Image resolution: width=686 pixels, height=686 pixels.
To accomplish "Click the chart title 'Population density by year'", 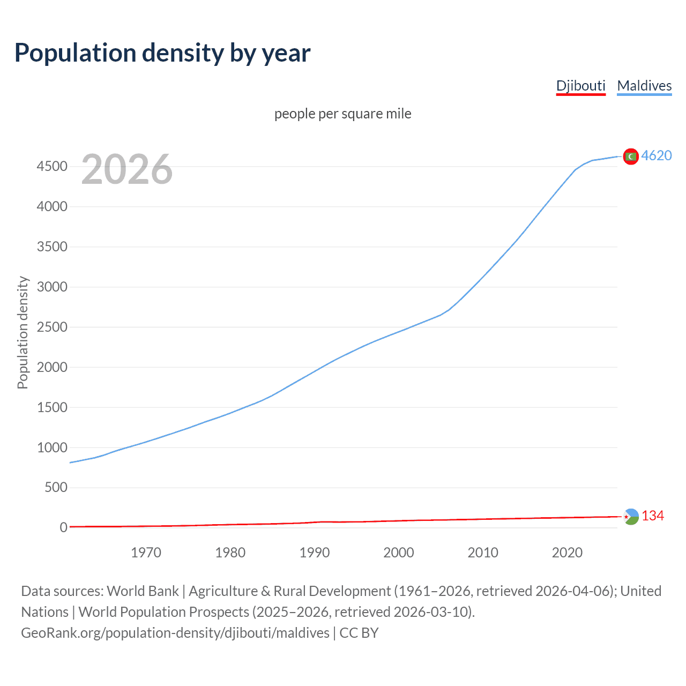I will click(162, 53).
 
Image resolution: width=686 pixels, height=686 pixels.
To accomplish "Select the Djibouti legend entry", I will click(580, 86).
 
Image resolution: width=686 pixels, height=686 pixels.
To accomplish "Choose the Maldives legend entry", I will click(644, 86).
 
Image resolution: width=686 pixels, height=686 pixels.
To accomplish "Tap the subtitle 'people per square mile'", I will click(343, 114).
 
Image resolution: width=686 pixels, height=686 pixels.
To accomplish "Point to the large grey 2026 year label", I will click(127, 169).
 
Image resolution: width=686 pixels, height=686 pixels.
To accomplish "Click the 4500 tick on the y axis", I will click(52, 167).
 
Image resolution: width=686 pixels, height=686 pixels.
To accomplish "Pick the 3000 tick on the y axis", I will click(52, 287).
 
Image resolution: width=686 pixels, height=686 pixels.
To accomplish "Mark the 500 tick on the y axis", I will click(56, 487).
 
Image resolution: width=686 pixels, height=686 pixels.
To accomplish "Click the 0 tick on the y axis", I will click(64, 527).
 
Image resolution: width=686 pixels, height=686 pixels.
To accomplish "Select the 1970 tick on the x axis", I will click(146, 553).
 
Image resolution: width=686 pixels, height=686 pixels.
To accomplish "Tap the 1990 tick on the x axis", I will click(315, 553).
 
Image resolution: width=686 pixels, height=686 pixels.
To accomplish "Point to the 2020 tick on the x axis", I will click(567, 553).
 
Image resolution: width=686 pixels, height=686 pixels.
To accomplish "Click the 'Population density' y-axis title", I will click(23, 332).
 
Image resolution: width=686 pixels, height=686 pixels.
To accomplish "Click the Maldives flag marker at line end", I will click(631, 156).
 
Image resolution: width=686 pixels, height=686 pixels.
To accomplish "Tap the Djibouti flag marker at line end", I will click(631, 517).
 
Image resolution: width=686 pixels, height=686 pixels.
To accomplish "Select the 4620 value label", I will click(657, 155).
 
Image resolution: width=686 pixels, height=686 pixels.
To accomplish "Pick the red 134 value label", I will click(653, 516).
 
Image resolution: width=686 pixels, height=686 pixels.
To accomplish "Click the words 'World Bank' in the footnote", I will click(143, 591).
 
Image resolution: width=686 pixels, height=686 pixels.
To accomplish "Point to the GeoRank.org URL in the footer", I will click(175, 633).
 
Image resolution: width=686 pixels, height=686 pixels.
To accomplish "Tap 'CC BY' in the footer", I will click(359, 633).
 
